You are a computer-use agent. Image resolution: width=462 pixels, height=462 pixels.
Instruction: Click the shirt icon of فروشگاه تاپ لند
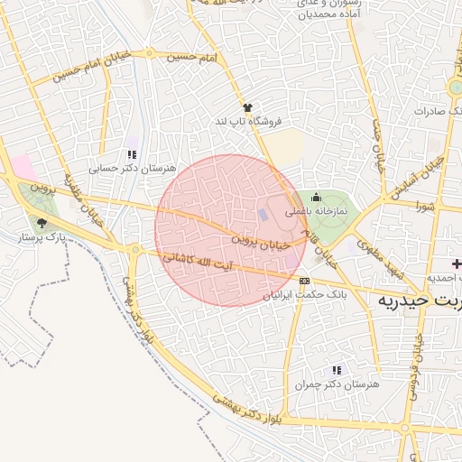tap(248, 107)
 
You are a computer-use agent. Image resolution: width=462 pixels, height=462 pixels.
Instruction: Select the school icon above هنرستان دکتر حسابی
tap(132, 154)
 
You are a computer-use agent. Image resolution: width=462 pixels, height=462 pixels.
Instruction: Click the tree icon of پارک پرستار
tap(42, 222)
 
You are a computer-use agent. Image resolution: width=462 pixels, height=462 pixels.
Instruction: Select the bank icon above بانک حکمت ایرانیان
tap(303, 281)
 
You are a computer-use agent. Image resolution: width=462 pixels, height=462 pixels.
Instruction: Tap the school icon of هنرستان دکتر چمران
tap(337, 370)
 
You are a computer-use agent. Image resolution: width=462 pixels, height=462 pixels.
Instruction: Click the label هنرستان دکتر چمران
tap(337, 384)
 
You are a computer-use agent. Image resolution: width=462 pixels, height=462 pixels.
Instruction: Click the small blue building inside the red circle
tap(263, 215)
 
